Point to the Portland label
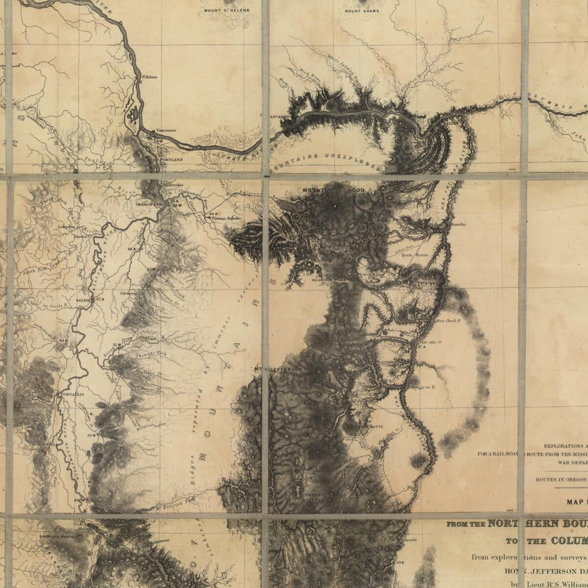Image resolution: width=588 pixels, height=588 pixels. [x=171, y=160]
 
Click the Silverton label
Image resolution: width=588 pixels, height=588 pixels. [x=129, y=293]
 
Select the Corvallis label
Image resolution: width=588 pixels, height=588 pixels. [x=73, y=394]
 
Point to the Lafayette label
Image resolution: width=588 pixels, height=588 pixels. [x=66, y=227]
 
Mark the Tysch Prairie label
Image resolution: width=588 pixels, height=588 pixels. [x=415, y=255]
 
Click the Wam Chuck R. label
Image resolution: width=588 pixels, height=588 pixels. [x=446, y=321]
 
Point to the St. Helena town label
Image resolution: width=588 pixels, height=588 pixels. [x=149, y=77]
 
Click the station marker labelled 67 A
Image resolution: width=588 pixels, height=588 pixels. [x=100, y=298]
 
